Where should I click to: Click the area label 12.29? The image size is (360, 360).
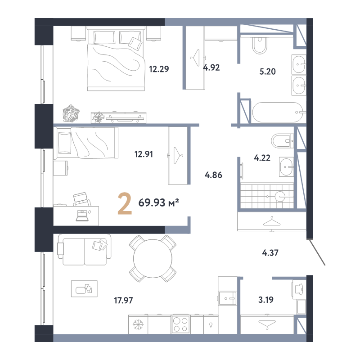click(159, 69)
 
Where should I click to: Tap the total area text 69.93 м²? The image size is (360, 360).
click(159, 203)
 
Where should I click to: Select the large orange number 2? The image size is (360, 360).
click(125, 204)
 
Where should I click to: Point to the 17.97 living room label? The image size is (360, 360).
click(123, 300)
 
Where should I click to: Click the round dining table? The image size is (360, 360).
click(153, 258)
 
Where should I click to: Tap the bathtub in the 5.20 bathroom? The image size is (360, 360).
click(278, 112)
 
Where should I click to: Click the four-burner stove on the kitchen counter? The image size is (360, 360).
click(180, 324)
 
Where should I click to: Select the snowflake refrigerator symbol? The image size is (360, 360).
click(138, 324)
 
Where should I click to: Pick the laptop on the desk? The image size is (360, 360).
click(82, 216)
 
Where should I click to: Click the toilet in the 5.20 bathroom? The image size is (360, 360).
click(260, 45)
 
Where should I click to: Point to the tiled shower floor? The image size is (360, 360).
click(267, 196)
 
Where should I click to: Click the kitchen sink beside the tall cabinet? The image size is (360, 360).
click(227, 298)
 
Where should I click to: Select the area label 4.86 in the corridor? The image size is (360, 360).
click(213, 175)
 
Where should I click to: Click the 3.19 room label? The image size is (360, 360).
click(266, 300)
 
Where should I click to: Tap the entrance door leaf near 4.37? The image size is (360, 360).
click(316, 252)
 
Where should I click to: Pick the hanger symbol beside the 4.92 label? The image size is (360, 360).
click(195, 58)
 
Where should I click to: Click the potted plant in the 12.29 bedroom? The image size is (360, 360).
click(71, 113)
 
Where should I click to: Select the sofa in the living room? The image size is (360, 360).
click(84, 250)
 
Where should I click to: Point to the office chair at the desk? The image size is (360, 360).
click(82, 199)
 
